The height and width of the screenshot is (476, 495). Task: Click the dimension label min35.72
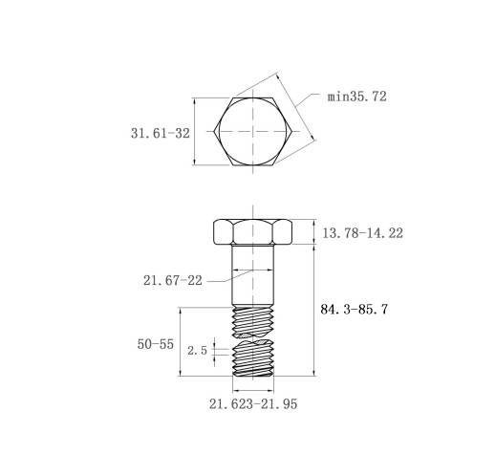357,97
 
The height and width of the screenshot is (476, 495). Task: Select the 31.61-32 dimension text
161,133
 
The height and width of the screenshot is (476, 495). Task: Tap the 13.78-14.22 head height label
363,233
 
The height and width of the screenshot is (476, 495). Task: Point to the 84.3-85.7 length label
355,309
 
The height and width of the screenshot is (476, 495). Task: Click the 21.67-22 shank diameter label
173,280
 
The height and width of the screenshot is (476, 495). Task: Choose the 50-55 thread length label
156,344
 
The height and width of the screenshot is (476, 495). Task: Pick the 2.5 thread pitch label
197,351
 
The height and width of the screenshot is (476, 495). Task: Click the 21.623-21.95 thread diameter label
253,404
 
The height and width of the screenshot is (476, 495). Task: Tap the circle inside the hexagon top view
253,97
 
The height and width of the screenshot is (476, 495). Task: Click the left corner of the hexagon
214,131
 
